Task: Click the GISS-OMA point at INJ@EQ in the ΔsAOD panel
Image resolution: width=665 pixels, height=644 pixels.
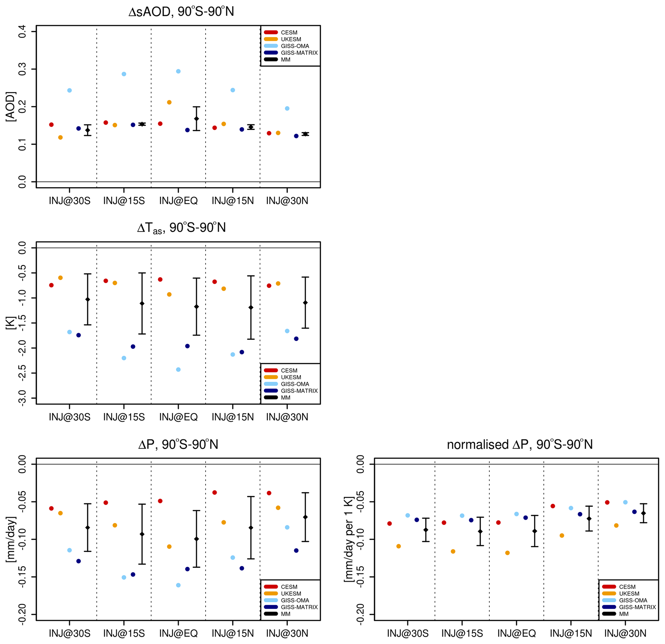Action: pyautogui.click(x=178, y=71)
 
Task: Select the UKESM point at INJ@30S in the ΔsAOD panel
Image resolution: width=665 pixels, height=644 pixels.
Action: pyautogui.click(x=60, y=137)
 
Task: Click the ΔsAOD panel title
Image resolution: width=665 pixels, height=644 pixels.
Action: pyautogui.click(x=181, y=12)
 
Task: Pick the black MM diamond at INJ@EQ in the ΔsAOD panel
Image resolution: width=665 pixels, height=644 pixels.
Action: pyautogui.click(x=197, y=118)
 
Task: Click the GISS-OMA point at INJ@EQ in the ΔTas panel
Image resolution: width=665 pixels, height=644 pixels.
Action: pyautogui.click(x=178, y=370)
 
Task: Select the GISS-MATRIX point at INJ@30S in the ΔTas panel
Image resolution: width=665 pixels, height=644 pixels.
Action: pyautogui.click(x=79, y=335)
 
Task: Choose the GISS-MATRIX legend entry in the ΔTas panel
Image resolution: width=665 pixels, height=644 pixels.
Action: pyautogui.click(x=299, y=391)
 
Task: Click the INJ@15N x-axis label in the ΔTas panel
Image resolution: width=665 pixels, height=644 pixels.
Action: pyautogui.click(x=233, y=417)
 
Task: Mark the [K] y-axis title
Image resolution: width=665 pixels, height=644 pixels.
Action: pyautogui.click(x=11, y=323)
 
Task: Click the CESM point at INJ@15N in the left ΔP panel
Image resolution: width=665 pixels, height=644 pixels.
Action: pyautogui.click(x=215, y=493)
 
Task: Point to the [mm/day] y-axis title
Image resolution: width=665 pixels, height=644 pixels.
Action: pyautogui.click(x=11, y=539)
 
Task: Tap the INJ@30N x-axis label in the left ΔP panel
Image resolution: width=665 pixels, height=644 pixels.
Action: pyautogui.click(x=287, y=633)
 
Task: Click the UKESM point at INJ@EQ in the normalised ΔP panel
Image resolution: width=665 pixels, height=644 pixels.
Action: pyautogui.click(x=507, y=553)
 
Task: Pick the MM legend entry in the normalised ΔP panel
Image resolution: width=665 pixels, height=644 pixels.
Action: pyautogui.click(x=623, y=614)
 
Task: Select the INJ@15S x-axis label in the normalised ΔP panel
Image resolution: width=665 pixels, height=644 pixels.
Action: pyautogui.click(x=462, y=633)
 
